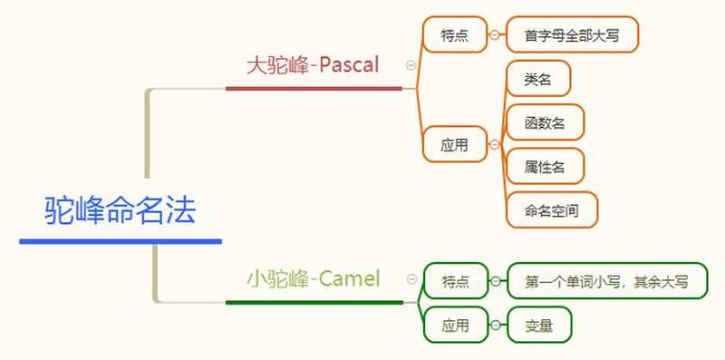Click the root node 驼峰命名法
[x=120, y=211]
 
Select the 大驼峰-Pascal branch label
[x=313, y=65]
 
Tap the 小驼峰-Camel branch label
[x=314, y=278]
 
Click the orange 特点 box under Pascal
[x=454, y=35]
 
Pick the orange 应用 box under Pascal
[x=454, y=144]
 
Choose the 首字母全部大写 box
[x=573, y=35]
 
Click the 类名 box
[x=538, y=79]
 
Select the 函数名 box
[x=545, y=122]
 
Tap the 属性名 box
[x=545, y=166]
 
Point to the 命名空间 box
[x=552, y=209]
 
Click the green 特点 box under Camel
[x=455, y=282]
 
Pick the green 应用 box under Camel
[x=455, y=325]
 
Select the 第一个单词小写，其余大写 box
[x=606, y=282]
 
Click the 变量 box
[x=539, y=325]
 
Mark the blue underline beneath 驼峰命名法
[x=120, y=241]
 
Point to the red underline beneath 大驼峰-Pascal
[x=313, y=89]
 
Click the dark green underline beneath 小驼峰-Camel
[x=314, y=302]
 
